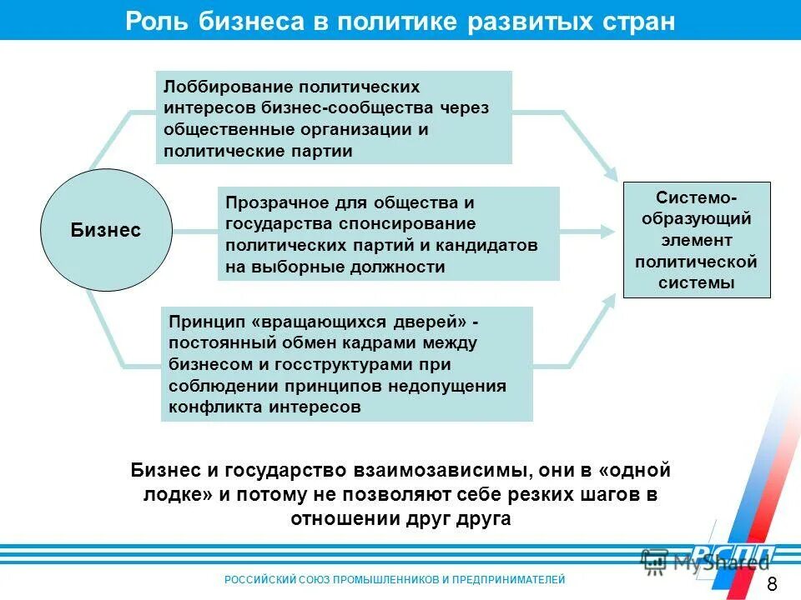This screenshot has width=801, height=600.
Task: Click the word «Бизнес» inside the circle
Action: click(x=106, y=231)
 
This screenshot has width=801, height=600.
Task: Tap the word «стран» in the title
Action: click(x=635, y=21)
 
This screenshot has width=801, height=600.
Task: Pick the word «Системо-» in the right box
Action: click(x=697, y=197)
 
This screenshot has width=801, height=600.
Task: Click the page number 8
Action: click(x=770, y=582)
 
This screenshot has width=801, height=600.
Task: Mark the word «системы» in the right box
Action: click(x=697, y=283)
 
